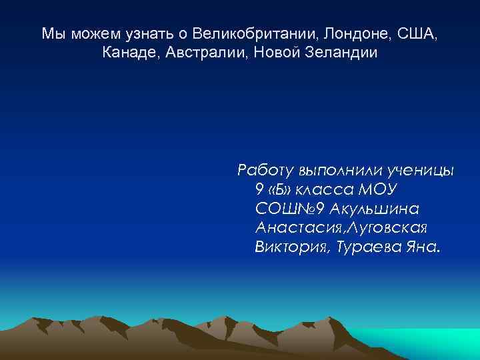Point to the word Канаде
click(129, 53)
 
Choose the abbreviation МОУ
click(377, 189)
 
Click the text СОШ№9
click(289, 209)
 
